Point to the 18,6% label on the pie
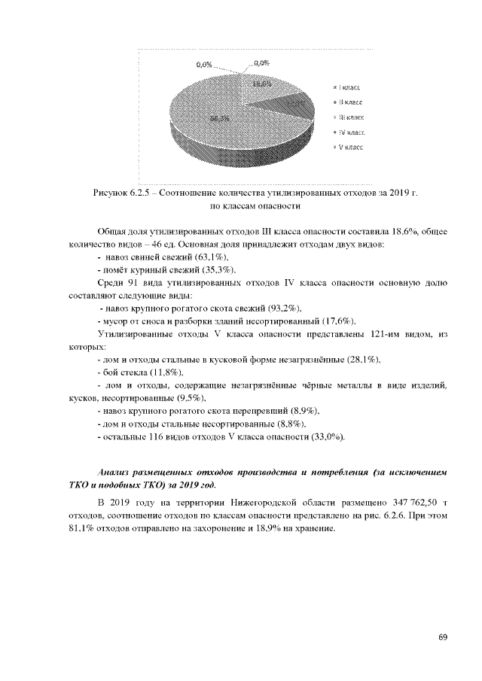(x=262, y=84)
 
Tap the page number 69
(x=443, y=638)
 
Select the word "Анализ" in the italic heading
(x=116, y=470)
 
